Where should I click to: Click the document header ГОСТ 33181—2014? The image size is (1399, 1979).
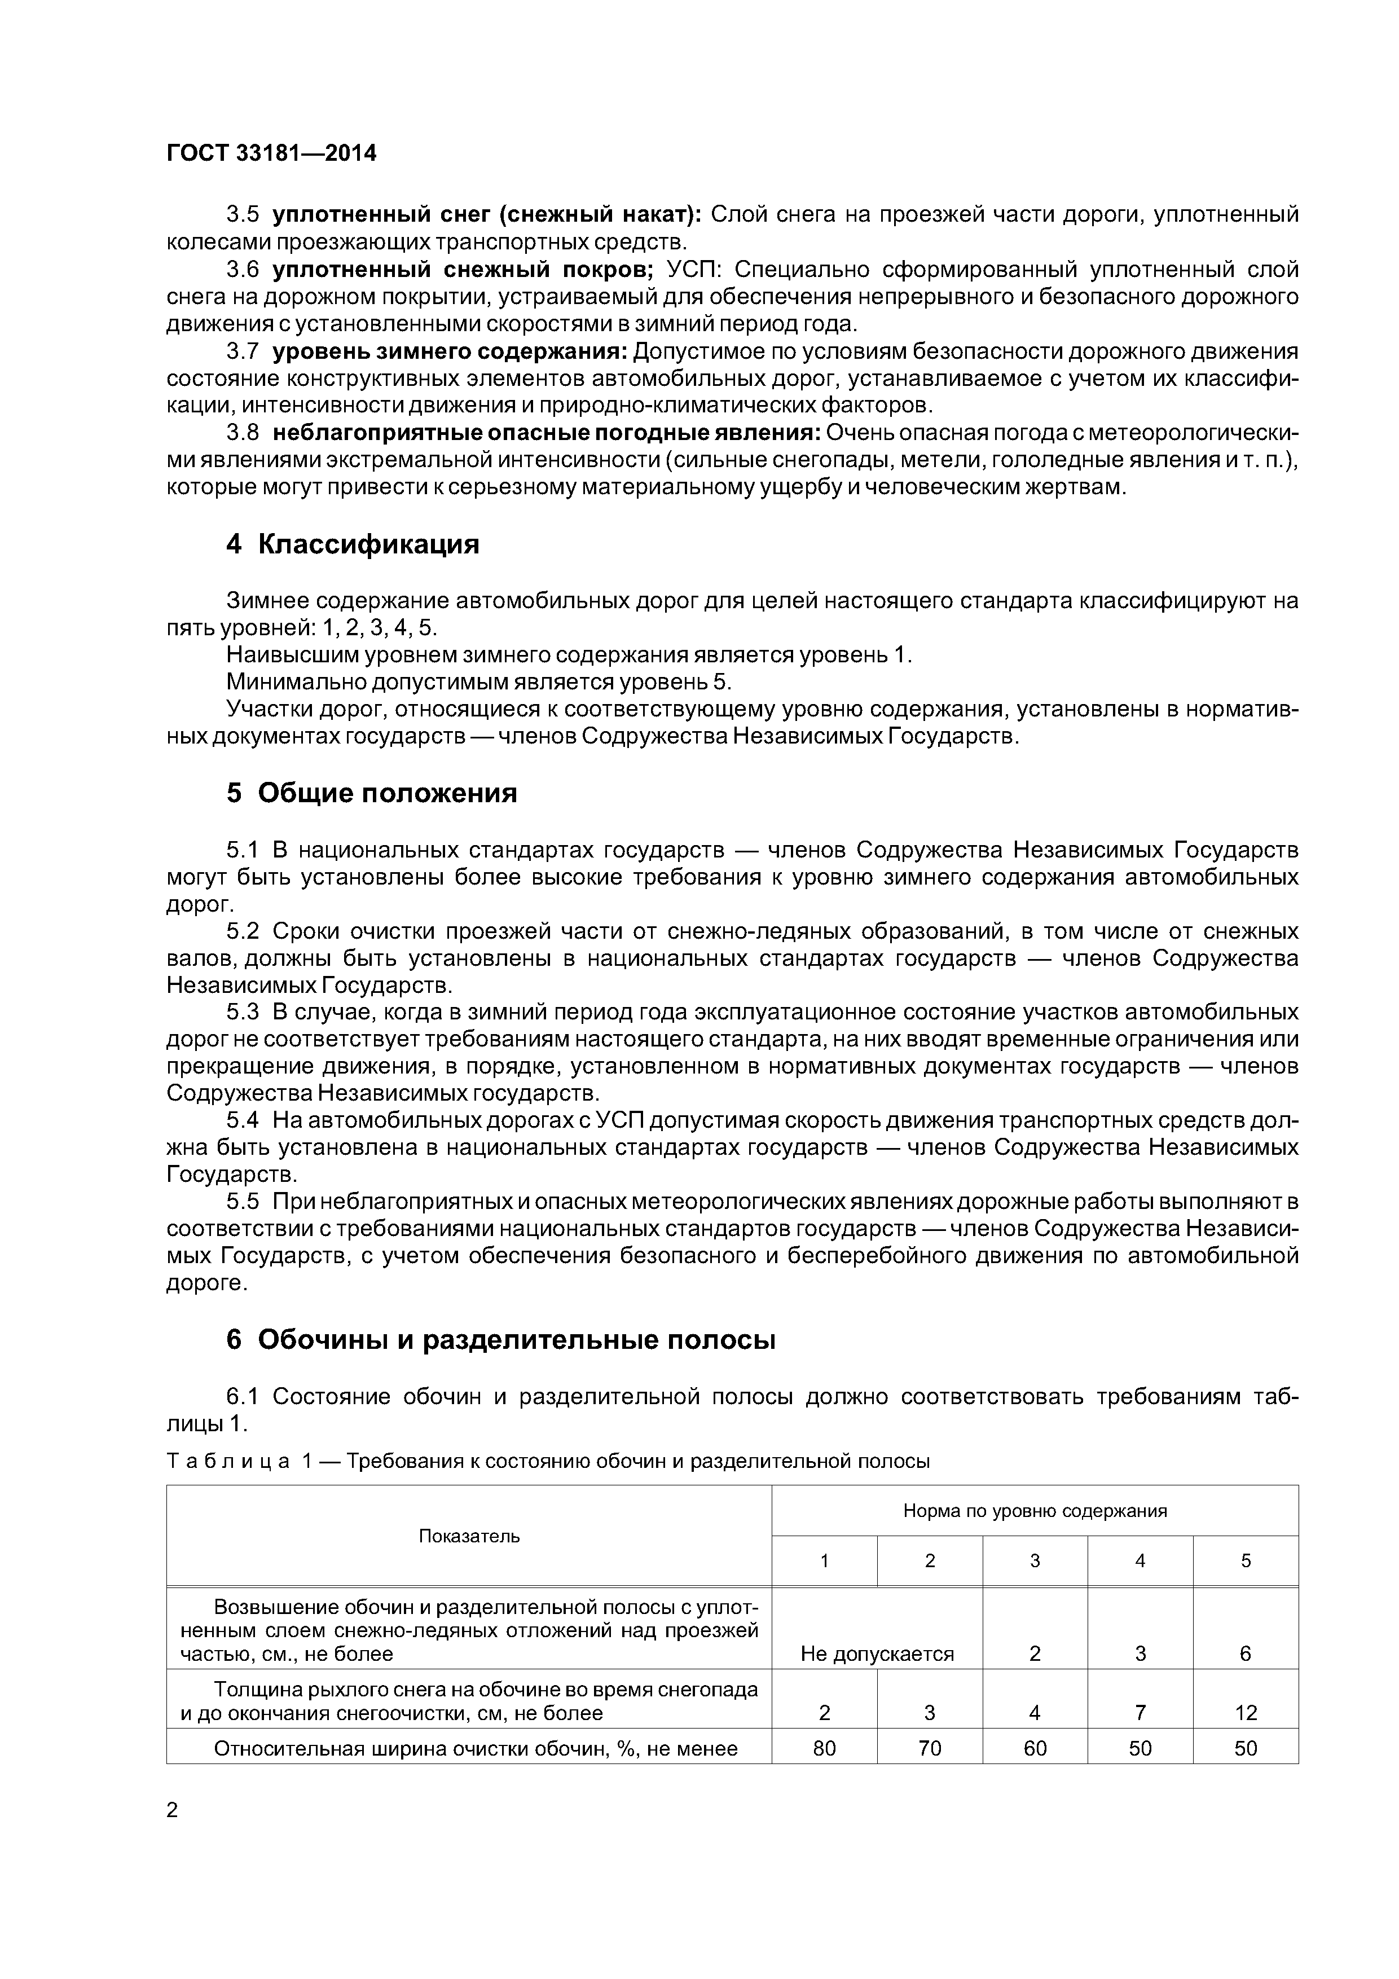point(271,153)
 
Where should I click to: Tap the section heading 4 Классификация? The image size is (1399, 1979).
point(353,545)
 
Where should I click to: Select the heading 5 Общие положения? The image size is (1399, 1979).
point(372,793)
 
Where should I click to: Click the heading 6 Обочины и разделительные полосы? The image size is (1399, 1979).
point(501,1340)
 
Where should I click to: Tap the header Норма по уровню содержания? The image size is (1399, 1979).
point(1035,1511)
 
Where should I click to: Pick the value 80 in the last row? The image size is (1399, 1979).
point(824,1748)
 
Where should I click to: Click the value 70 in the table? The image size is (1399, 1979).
point(929,1748)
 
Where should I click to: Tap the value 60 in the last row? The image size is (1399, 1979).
point(1035,1748)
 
